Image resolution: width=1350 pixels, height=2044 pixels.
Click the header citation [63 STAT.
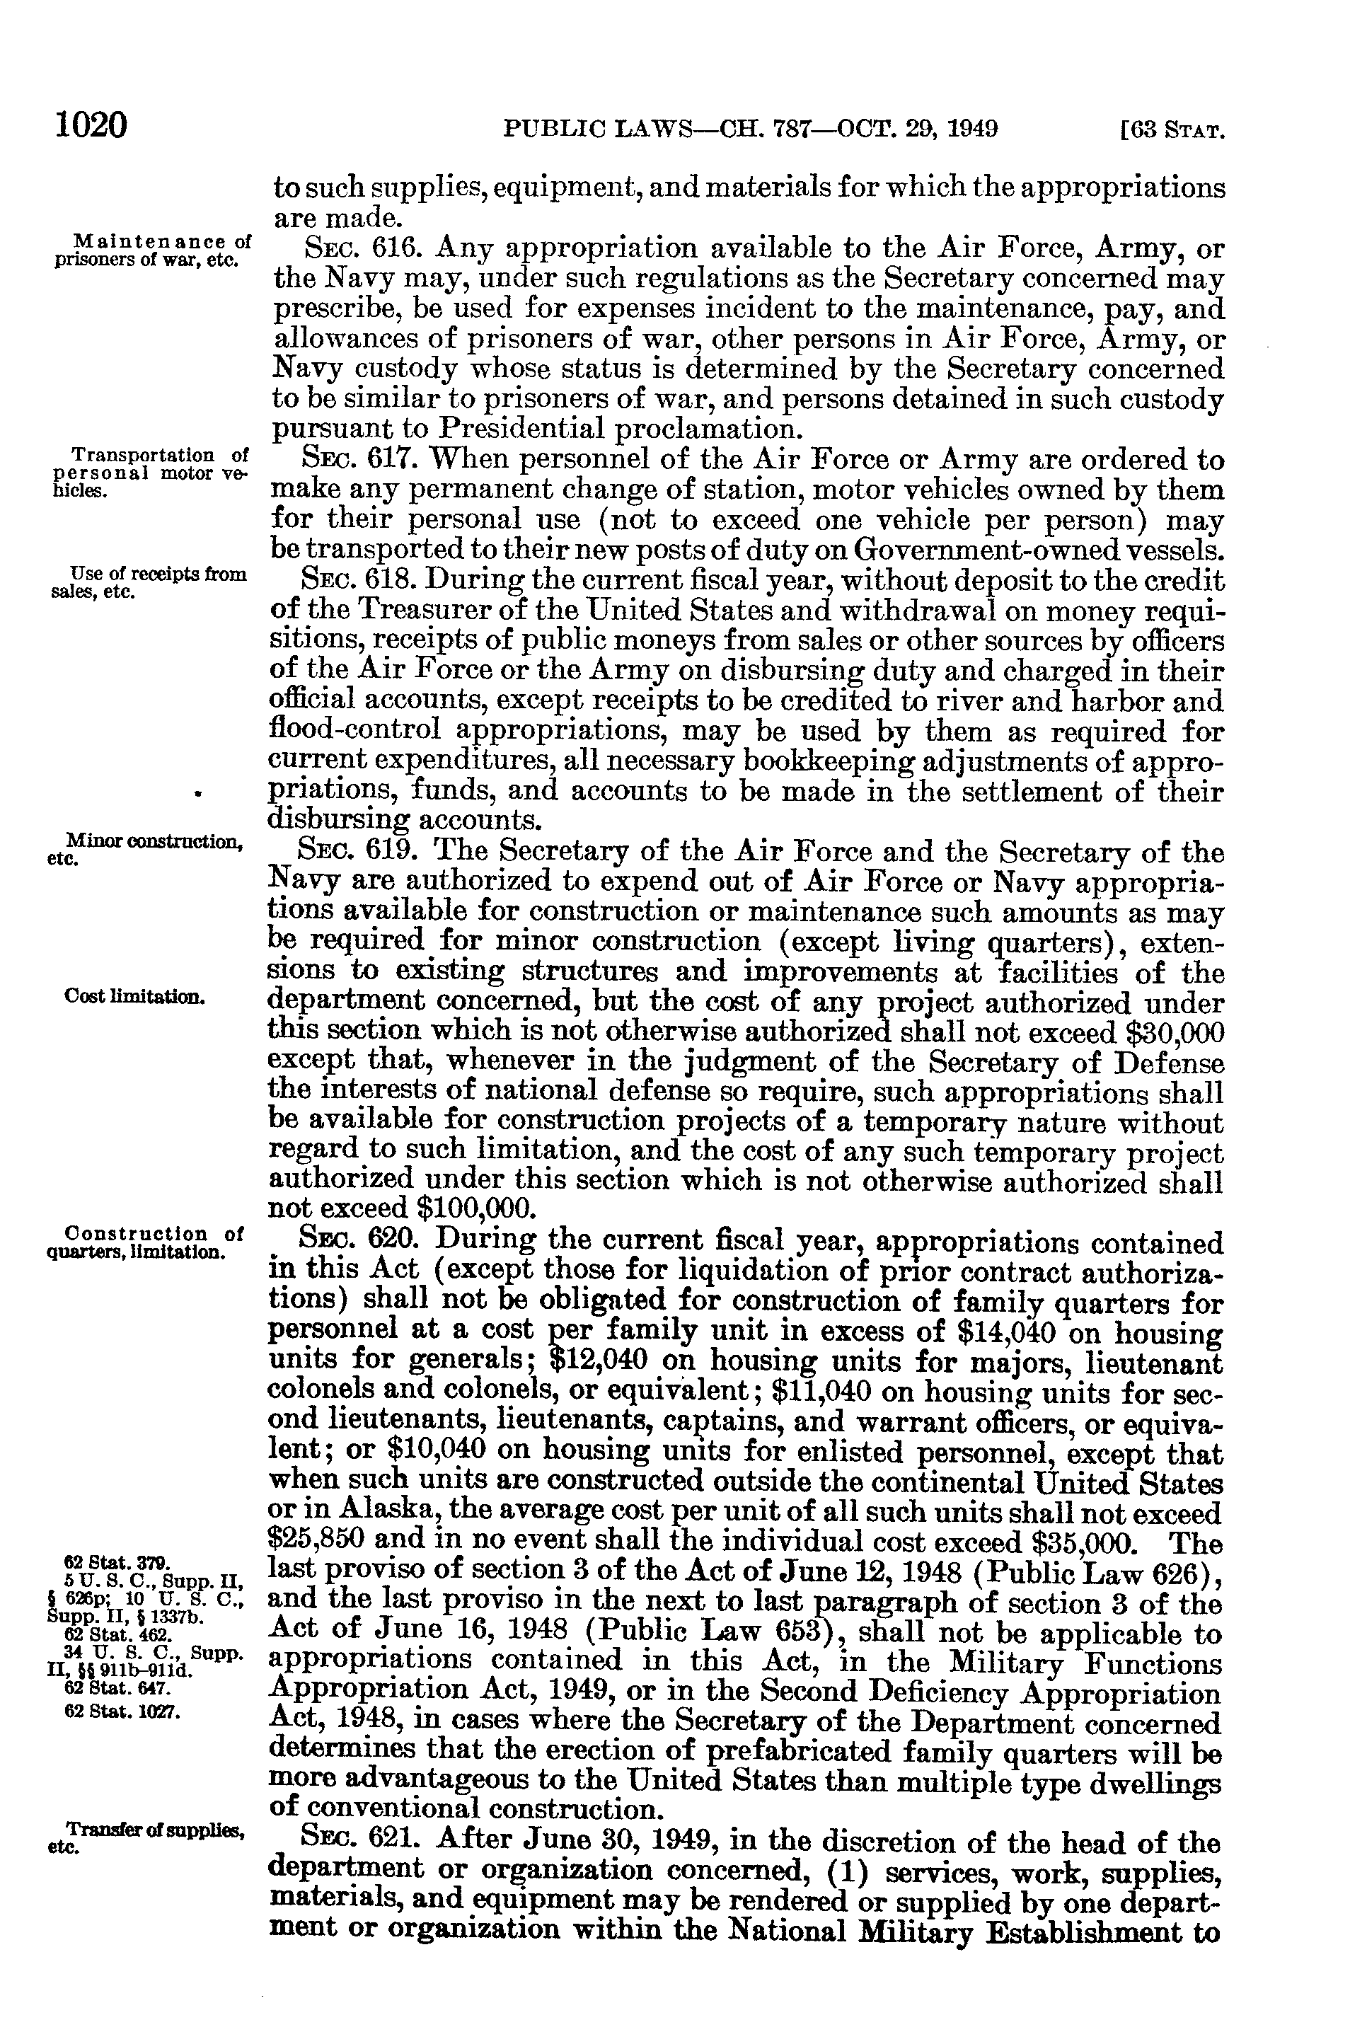[x=1172, y=131]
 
